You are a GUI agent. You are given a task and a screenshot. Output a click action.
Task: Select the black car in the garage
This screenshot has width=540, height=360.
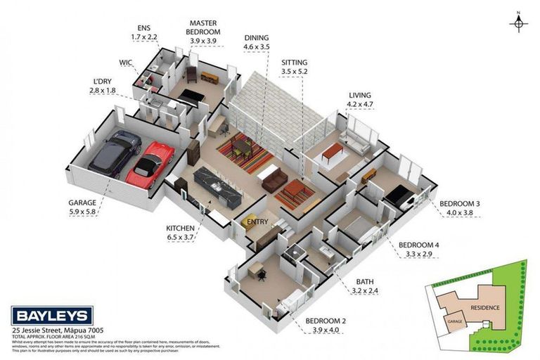[x=112, y=153]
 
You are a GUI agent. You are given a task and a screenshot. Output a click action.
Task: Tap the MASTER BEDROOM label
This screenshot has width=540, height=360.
[x=203, y=27]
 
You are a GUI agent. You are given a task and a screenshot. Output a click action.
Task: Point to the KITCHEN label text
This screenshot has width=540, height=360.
[x=180, y=229]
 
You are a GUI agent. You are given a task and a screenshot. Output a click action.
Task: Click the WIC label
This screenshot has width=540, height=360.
[x=126, y=63]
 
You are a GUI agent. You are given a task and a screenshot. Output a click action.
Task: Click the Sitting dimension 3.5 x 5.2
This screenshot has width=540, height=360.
[x=294, y=71]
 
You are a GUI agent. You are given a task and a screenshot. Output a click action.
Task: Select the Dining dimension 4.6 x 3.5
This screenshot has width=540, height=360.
[x=256, y=47]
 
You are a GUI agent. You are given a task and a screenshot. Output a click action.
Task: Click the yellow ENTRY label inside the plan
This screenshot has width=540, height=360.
[x=256, y=224]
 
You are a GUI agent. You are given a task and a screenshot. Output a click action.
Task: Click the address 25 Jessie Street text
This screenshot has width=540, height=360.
[x=53, y=330]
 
